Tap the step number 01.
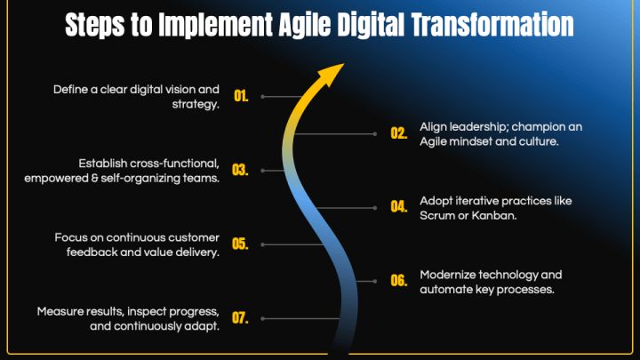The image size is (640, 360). tap(241, 96)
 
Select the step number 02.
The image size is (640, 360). tap(399, 133)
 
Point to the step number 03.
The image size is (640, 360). tap(240, 170)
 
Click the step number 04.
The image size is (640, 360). tap(399, 206)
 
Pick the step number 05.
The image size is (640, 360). tap(240, 244)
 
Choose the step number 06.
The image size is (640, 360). tap(399, 280)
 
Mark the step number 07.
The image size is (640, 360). tap(240, 317)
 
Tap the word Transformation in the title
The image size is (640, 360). tap(492, 25)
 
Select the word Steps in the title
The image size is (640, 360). tap(95, 25)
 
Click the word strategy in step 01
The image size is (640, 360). tap(196, 105)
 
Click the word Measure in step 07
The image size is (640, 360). tap(57, 311)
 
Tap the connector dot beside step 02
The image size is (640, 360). tap(375, 134)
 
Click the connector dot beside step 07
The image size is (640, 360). tap(262, 318)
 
